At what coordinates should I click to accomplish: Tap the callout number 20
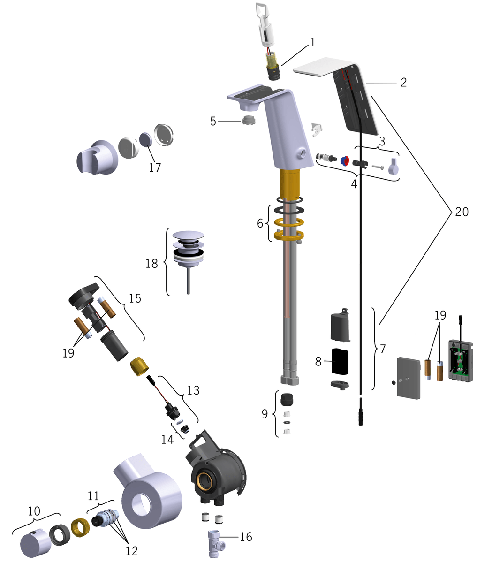(462, 212)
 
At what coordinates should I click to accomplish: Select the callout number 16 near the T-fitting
(246, 537)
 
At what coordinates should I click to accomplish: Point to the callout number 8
(318, 362)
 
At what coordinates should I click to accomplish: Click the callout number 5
(213, 122)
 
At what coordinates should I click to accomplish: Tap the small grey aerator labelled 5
(249, 122)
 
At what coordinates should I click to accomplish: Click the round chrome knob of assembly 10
(36, 544)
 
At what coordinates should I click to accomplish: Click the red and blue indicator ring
(345, 161)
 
